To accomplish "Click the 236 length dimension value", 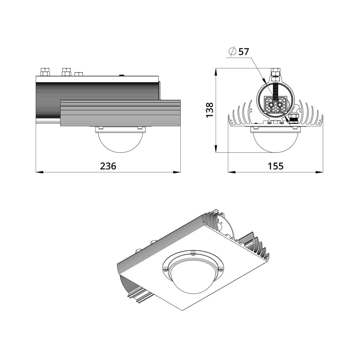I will [x=108, y=166].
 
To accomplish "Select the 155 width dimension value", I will [x=275, y=166].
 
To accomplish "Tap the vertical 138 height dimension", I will [x=210, y=110].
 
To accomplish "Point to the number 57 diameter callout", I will [x=243, y=51].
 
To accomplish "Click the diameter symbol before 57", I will [x=232, y=51].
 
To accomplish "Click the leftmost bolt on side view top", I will [x=45, y=72].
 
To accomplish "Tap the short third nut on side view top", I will [x=78, y=74].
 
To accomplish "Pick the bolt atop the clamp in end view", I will [x=275, y=72].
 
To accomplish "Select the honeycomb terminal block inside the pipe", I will [x=275, y=105].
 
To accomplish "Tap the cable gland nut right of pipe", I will [x=294, y=118].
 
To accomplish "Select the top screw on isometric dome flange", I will [x=193, y=254].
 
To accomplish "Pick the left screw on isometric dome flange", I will [x=165, y=269].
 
